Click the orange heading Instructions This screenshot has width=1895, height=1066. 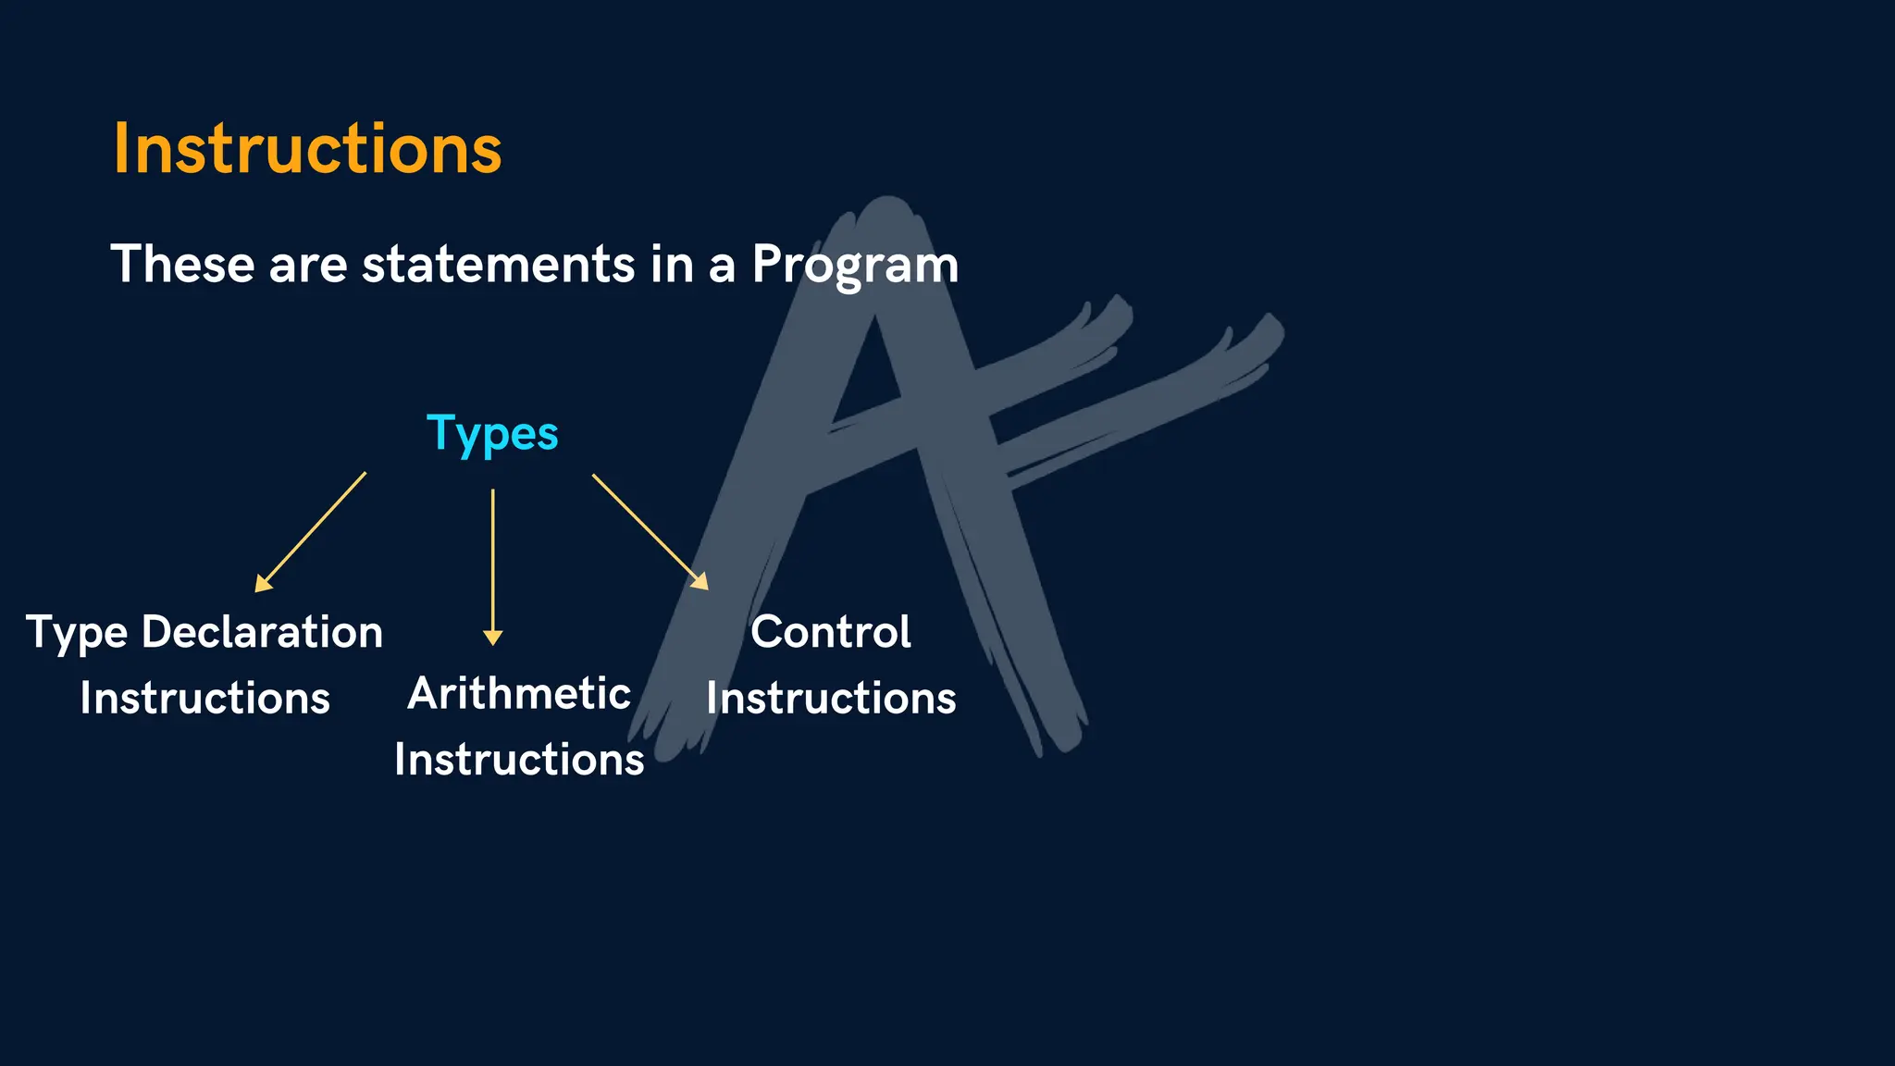point(307,149)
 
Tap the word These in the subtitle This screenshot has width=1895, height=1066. point(181,265)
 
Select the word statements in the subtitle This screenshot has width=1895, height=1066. point(498,265)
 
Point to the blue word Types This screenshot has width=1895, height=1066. point(492,434)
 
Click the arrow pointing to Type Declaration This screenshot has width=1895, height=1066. point(311,532)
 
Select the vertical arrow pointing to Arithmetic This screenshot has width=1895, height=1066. point(493,564)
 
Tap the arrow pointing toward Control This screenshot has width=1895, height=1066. point(648,529)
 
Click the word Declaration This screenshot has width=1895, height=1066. point(262,633)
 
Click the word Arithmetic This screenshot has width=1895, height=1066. point(519,694)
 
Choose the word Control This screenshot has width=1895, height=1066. point(830,633)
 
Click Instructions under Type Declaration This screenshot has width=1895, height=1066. point(204,699)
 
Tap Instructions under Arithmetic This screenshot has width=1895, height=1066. point(519,760)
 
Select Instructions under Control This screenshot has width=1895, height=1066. point(830,699)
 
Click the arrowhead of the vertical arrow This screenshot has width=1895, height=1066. point(493,638)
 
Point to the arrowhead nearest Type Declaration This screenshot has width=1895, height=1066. point(262,584)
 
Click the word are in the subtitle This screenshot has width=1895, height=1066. point(307,266)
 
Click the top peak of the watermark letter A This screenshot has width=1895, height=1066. point(886,208)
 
